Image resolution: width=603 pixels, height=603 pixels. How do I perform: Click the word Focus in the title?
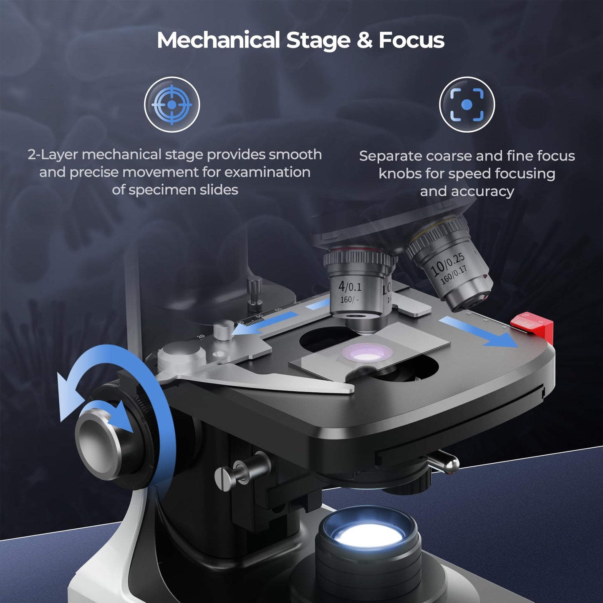[411, 40]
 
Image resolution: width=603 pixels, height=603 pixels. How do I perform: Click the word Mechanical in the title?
[218, 40]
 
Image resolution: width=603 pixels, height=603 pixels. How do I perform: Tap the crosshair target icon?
[172, 104]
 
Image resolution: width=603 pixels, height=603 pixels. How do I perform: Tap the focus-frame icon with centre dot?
[467, 104]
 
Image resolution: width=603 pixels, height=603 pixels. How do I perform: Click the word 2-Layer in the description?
[53, 155]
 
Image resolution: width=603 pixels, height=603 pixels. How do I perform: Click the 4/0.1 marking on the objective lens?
[350, 287]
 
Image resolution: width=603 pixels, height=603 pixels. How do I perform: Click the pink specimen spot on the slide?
[367, 353]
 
